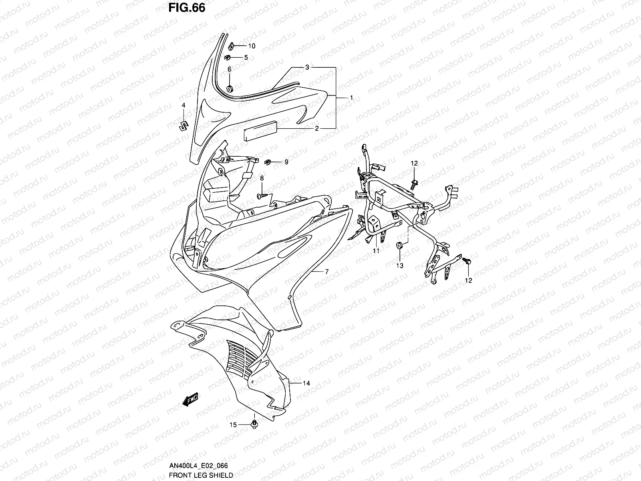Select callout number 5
pos(246,57)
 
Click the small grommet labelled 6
pos(230,89)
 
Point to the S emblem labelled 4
pos(183,125)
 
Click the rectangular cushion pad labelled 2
pos(259,130)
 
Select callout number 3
pos(318,67)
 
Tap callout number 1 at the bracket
pos(351,98)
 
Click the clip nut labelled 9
pos(268,162)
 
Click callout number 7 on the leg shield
pos(327,272)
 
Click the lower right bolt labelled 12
pos(468,261)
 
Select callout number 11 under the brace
pos(376,251)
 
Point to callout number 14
pos(306,383)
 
